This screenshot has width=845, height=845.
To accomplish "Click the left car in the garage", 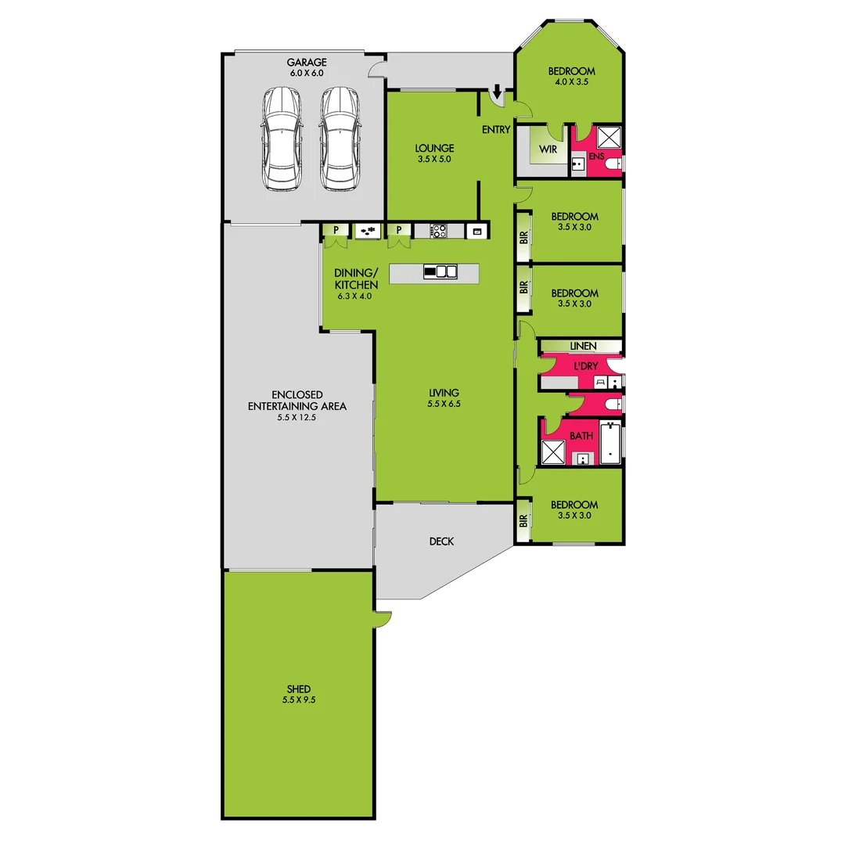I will point(282,138).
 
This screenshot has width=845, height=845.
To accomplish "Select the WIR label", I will point(548,148).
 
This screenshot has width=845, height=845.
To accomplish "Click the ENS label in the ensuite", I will point(596,156).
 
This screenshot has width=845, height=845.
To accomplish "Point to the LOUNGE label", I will point(434,148).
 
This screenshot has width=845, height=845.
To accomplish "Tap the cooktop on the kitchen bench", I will point(437,231).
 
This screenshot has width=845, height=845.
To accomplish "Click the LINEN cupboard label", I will point(583,346).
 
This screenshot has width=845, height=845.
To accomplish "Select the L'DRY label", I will point(585,366).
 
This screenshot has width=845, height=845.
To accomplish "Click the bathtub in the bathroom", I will point(610,443).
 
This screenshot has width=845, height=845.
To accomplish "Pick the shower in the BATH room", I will point(554,452).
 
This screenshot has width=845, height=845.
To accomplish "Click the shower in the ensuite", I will point(609,136).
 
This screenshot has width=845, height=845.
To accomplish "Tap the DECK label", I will point(441,541).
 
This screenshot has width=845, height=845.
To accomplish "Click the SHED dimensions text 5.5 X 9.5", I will point(299,700).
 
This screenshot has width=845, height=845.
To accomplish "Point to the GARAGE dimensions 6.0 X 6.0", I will point(306,73).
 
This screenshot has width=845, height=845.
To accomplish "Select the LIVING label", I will point(443,393).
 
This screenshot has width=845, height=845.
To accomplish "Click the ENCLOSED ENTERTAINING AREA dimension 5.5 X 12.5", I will point(297,418).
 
